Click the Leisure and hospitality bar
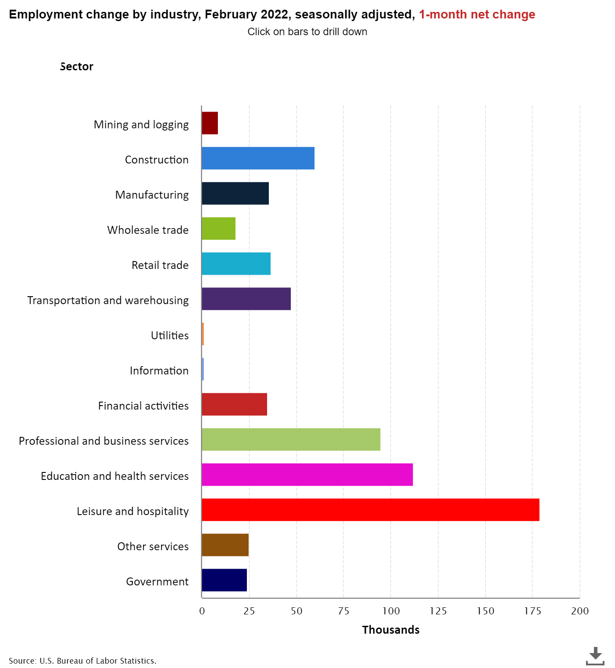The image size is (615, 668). (370, 510)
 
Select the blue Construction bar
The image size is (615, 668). (258, 158)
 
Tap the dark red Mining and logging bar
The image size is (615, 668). (210, 123)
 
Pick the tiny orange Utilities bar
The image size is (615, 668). (203, 334)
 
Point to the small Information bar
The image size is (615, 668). (203, 369)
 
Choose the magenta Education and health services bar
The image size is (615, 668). (307, 475)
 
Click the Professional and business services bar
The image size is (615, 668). (291, 439)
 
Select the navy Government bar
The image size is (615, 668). (224, 580)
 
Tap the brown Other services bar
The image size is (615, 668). (225, 545)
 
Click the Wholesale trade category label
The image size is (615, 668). (148, 230)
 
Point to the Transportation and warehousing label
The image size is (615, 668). (108, 300)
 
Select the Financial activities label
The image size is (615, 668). (143, 406)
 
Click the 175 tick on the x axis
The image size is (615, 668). (532, 611)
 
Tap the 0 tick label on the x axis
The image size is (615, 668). (202, 611)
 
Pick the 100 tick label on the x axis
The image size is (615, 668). (391, 611)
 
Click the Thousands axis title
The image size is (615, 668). (391, 630)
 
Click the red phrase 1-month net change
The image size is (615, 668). (477, 15)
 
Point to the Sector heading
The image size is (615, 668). (77, 66)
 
